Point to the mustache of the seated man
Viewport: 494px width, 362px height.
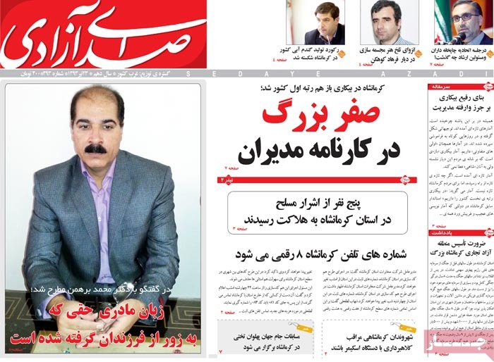[x=95, y=149]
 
